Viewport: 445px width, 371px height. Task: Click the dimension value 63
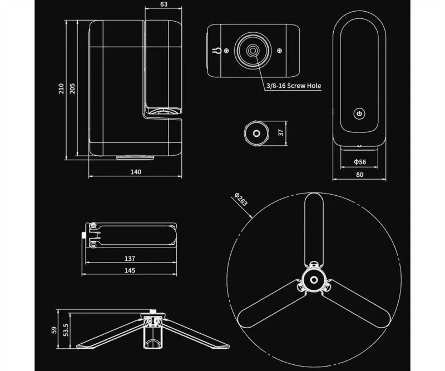pyautogui.click(x=163, y=4)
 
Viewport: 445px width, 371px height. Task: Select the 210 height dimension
pyautogui.click(x=61, y=89)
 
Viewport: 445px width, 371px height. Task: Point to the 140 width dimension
pyautogui.click(x=136, y=172)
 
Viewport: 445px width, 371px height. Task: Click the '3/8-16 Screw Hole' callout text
pyautogui.click(x=293, y=86)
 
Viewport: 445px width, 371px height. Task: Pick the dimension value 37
pyautogui.click(x=281, y=132)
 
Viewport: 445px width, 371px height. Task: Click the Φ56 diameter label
pyautogui.click(x=359, y=162)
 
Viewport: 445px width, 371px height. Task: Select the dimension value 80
pyautogui.click(x=359, y=175)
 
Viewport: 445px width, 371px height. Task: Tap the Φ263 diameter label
pyautogui.click(x=241, y=199)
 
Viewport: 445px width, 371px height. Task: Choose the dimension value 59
pyautogui.click(x=54, y=329)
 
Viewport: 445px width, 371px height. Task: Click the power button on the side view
pyautogui.click(x=359, y=114)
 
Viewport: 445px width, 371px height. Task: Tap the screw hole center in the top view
pyautogui.click(x=253, y=51)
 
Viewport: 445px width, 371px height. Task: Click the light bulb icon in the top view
pyautogui.click(x=218, y=51)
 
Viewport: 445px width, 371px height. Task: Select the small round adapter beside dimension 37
pyautogui.click(x=255, y=133)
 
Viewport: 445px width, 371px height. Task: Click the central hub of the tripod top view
pyautogui.click(x=314, y=278)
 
